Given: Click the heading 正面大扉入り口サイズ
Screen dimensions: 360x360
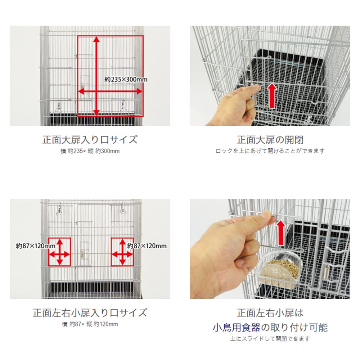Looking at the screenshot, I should click(x=90, y=140).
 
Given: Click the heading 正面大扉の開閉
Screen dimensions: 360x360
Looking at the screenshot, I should click(x=270, y=140).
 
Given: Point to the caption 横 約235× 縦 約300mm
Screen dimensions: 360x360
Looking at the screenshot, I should click(x=90, y=151).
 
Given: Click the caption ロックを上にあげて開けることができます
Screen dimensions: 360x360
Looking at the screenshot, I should click(x=270, y=151).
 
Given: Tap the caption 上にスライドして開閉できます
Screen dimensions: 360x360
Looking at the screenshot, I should click(x=270, y=339).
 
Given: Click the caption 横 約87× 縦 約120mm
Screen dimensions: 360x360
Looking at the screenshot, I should click(x=90, y=324).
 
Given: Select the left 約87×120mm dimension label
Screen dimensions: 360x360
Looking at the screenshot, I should click(x=35, y=246).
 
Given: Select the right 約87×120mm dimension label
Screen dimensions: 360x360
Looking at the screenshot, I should click(x=147, y=246).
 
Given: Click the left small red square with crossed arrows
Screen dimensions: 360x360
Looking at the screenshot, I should click(x=59, y=252).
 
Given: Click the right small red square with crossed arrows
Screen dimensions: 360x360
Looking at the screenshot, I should click(x=122, y=252).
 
